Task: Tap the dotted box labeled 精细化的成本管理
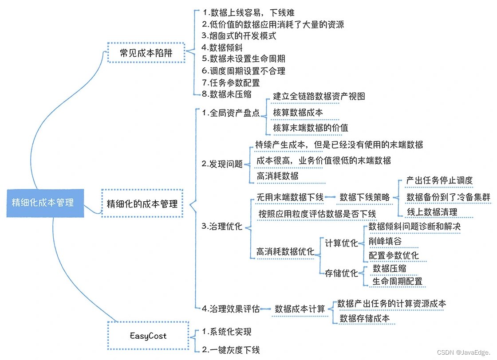(x=142, y=204)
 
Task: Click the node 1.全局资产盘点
(x=231, y=113)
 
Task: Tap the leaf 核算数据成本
(x=298, y=113)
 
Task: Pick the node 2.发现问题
(x=222, y=164)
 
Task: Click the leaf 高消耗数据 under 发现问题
(x=277, y=176)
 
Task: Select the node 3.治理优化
(x=222, y=227)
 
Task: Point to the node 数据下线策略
(x=364, y=197)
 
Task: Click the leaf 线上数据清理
(x=432, y=212)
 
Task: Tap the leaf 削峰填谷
(x=385, y=241)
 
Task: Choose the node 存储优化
(x=341, y=273)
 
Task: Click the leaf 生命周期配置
(x=397, y=281)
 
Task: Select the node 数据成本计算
(x=300, y=309)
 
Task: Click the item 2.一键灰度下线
(x=231, y=350)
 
